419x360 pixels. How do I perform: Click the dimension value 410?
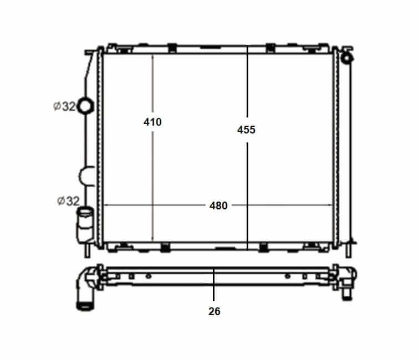tap(152, 122)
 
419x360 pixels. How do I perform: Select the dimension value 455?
tap(247, 130)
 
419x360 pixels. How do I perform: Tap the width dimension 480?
tap(218, 205)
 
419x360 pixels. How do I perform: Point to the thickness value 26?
tap(214, 311)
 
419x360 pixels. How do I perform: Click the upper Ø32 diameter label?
tap(65, 106)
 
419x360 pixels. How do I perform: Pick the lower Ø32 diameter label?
tap(68, 201)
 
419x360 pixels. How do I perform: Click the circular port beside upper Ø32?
tap(85, 106)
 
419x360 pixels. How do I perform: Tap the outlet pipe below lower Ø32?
tap(85, 225)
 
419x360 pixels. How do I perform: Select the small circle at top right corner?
tap(346, 58)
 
